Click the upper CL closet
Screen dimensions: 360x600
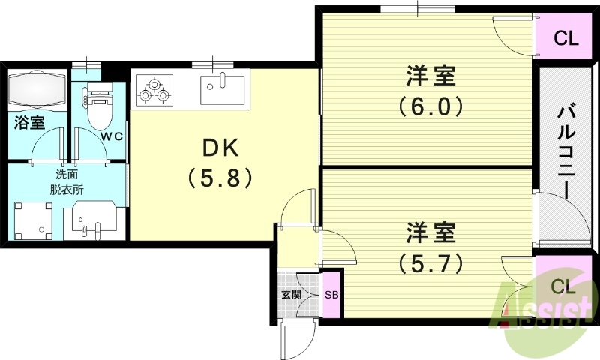pos(566,38)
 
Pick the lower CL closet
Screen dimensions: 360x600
pos(564,286)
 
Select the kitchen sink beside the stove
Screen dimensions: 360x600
pos(223,89)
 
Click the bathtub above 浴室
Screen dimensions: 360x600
pos(37,90)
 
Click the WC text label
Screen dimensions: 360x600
pos(113,136)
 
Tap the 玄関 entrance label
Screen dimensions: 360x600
pos(291,295)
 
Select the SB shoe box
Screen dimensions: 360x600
pos(331,295)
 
